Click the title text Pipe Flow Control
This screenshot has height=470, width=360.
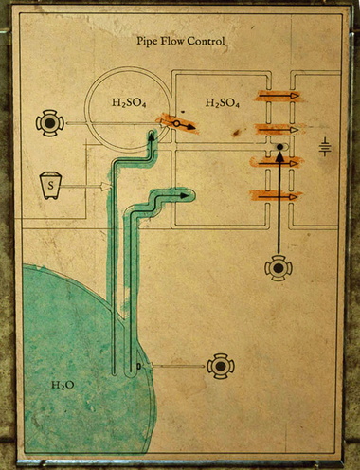click(179, 43)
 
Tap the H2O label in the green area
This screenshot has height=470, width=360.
click(62, 386)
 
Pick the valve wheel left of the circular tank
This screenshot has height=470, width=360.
click(47, 123)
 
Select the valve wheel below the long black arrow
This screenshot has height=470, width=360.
click(279, 268)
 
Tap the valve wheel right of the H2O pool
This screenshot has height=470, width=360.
click(221, 366)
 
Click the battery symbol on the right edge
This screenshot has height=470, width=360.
click(325, 148)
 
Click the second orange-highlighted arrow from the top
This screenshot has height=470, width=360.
click(279, 129)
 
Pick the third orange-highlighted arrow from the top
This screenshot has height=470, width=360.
click(279, 163)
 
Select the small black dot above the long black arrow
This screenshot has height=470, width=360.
click(279, 147)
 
